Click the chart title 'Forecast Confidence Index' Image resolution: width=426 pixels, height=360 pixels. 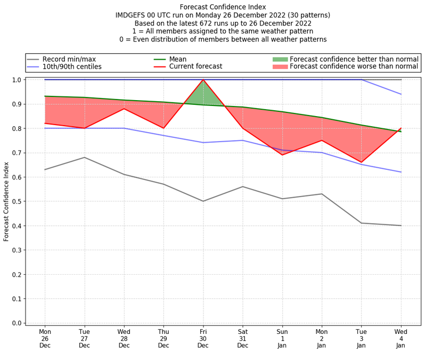[x=223, y=7]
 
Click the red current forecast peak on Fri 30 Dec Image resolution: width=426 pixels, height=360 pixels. [x=203, y=80]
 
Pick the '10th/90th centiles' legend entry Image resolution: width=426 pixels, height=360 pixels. [x=72, y=67]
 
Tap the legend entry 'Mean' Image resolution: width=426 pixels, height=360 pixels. [x=185, y=59]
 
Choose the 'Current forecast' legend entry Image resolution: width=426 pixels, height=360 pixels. [x=195, y=67]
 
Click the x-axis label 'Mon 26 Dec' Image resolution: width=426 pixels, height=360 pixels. [x=45, y=338]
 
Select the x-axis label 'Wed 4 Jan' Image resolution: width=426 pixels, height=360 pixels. [x=400, y=338]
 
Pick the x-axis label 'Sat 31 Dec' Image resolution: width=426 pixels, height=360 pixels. [x=243, y=338]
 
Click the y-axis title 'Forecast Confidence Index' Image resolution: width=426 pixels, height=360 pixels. [x=6, y=201]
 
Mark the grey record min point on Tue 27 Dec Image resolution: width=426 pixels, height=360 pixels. [x=85, y=158]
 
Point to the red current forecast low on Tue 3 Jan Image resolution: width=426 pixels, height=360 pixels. [x=361, y=162]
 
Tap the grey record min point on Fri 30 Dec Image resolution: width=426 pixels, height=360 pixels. [x=203, y=201]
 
